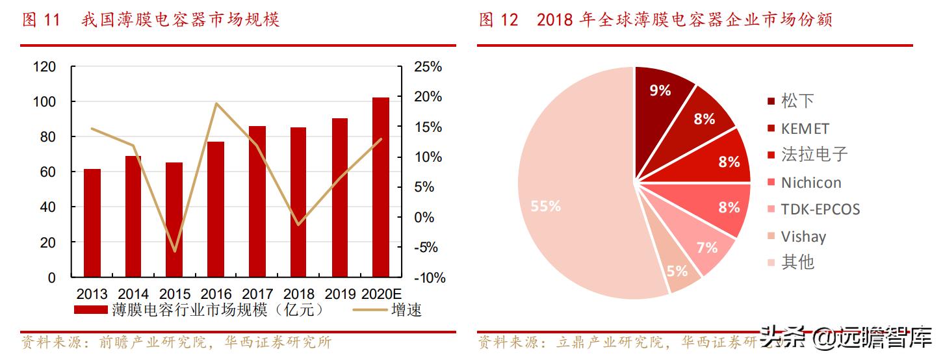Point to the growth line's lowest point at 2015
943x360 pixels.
click(x=174, y=251)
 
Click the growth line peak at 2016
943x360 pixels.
click(x=216, y=103)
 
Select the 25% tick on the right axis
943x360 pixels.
click(x=427, y=67)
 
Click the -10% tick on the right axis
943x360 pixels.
click(x=429, y=278)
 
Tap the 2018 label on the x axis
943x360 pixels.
click(x=298, y=294)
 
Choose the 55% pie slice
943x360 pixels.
click(x=572, y=195)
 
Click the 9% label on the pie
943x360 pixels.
click(x=660, y=91)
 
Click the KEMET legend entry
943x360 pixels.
click(x=805, y=129)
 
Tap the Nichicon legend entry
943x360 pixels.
click(x=811, y=183)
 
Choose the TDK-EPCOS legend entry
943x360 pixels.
click(x=820, y=209)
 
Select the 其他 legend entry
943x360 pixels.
click(x=797, y=263)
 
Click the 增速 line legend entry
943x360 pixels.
click(x=406, y=310)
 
